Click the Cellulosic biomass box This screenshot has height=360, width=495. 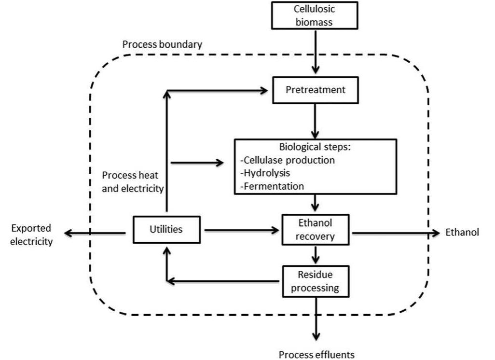pyautogui.click(x=315, y=15)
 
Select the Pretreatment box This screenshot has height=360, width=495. pyautogui.click(x=315, y=90)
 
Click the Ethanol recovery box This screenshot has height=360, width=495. pyautogui.click(x=316, y=229)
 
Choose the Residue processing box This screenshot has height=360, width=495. pyautogui.click(x=316, y=281)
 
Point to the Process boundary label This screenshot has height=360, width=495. pyautogui.click(x=162, y=44)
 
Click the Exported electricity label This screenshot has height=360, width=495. pyautogui.click(x=31, y=235)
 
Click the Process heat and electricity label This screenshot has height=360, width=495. pyautogui.click(x=133, y=182)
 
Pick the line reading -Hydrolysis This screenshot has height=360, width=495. pyautogui.click(x=265, y=172)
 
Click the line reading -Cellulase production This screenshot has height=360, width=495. pyautogui.click(x=287, y=160)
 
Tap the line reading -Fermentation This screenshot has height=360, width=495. pyautogui.click(x=272, y=185)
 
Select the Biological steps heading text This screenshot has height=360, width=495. pyautogui.click(x=316, y=147)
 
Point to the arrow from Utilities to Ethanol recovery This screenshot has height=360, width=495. pyautogui.click(x=241, y=230)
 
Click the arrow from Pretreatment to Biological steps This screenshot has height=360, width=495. pyautogui.click(x=315, y=121)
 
